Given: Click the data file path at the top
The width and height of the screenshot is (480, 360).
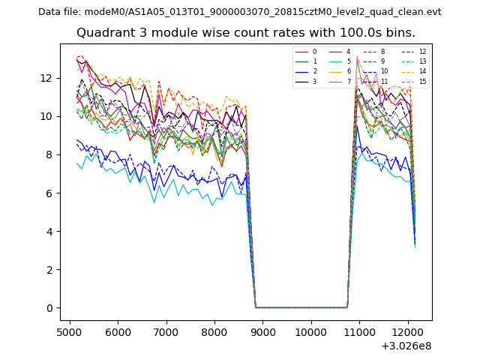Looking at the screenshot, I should [240, 12].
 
